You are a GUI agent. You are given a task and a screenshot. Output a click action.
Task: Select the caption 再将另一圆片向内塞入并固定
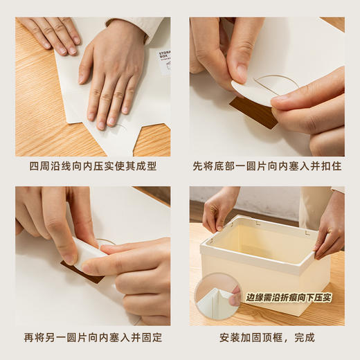tap(93, 338)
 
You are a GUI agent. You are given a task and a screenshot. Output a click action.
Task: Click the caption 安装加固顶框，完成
tap(267, 338)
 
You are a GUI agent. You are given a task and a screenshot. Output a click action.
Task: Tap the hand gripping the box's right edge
tap(330, 232)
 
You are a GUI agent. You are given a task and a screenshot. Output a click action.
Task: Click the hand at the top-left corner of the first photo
tap(52, 31)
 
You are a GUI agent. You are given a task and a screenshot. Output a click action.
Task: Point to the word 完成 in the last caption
tap(305, 338)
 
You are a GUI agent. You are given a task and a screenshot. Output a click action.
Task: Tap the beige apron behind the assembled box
tap(315, 204)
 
